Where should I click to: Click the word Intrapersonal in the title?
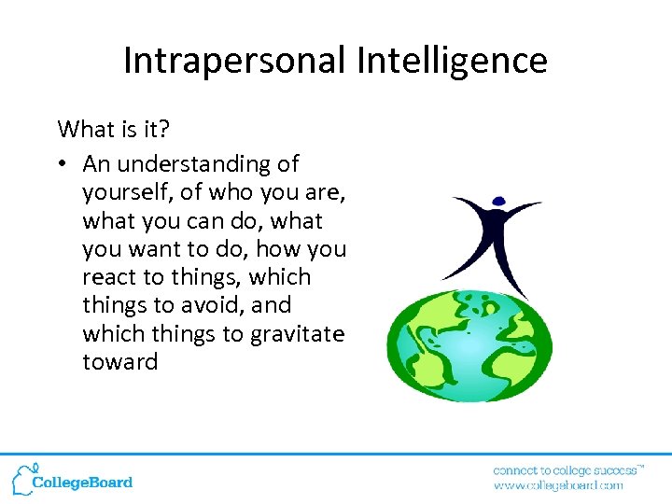[235, 61]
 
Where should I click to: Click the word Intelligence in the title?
[451, 61]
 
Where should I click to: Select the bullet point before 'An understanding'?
[62, 164]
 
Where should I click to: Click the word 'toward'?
[119, 361]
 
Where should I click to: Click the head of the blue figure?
[497, 200]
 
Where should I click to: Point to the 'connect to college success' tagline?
[567, 469]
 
